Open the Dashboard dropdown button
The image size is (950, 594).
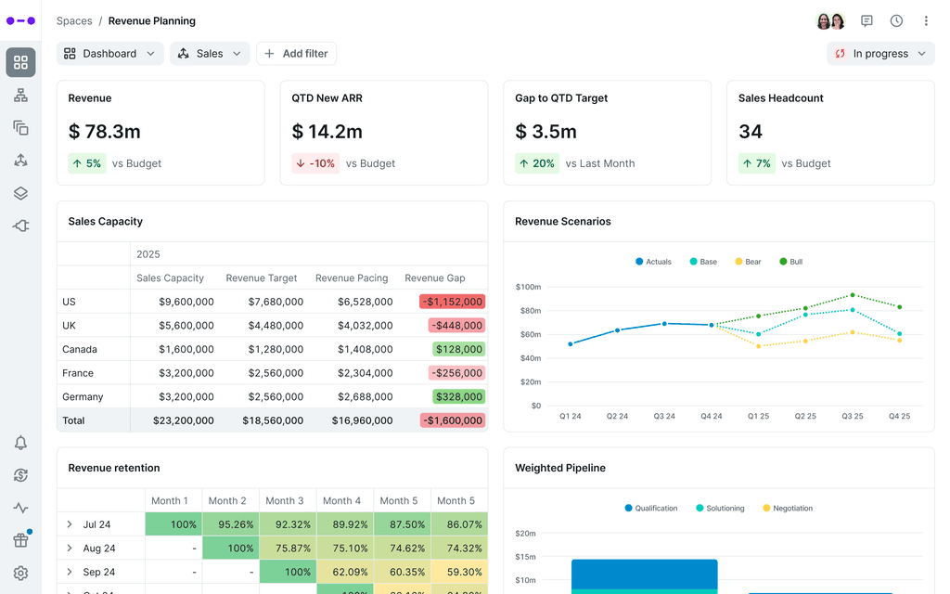click(109, 54)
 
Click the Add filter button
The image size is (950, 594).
click(296, 54)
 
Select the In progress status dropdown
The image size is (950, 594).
click(879, 54)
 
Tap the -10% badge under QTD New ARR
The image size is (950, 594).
click(314, 163)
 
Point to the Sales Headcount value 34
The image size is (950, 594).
click(751, 132)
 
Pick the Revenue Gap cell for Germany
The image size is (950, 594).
click(458, 396)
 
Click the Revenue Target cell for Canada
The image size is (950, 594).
click(276, 349)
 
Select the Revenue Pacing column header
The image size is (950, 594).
click(351, 278)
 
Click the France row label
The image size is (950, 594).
click(78, 373)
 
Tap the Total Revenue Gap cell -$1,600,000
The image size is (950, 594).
click(454, 420)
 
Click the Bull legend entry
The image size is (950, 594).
click(790, 262)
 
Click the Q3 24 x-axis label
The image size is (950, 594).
click(664, 417)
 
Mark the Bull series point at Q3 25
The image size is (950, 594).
click(853, 295)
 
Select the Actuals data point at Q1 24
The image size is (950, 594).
click(571, 344)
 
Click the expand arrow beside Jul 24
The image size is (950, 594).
click(70, 524)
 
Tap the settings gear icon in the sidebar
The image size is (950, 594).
click(20, 574)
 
